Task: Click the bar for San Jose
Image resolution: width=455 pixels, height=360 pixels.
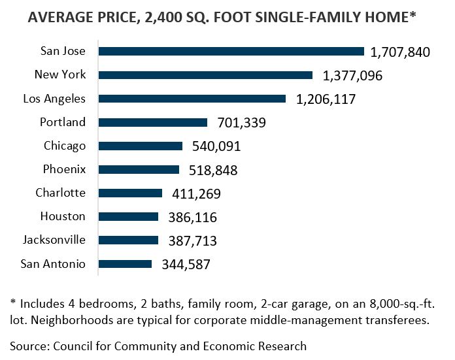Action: point(231,52)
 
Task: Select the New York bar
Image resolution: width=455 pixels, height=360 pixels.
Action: point(206,75)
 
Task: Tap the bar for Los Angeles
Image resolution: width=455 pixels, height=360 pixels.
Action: point(192,99)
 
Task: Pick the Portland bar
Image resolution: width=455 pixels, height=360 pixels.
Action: point(153,122)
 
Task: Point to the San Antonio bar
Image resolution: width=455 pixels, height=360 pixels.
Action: point(126,264)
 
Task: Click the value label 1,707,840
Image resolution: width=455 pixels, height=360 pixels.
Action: point(399,52)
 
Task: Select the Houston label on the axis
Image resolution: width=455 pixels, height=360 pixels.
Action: point(63,216)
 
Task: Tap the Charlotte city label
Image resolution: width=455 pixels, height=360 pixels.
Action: point(60,193)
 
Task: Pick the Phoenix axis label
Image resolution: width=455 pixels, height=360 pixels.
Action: point(63,169)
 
